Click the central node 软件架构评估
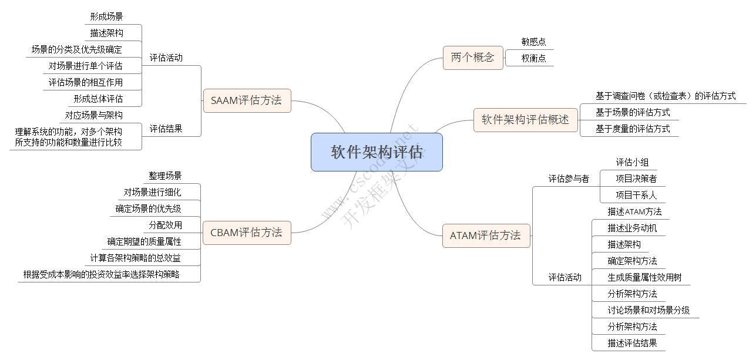(376, 152)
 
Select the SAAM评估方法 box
(246, 100)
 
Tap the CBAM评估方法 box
(246, 233)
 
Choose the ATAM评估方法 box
(485, 235)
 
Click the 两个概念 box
(472, 58)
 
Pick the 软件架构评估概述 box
(525, 120)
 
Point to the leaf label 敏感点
(533, 42)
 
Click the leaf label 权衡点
(533, 58)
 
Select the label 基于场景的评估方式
(633, 112)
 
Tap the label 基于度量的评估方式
(633, 129)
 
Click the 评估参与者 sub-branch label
(569, 179)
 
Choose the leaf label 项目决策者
(636, 179)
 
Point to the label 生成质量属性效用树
(644, 277)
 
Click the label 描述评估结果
(632, 343)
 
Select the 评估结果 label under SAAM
(166, 129)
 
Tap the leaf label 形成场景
(106, 17)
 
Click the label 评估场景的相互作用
(86, 82)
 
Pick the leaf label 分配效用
(165, 225)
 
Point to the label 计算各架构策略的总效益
(136, 258)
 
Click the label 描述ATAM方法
(634, 211)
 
